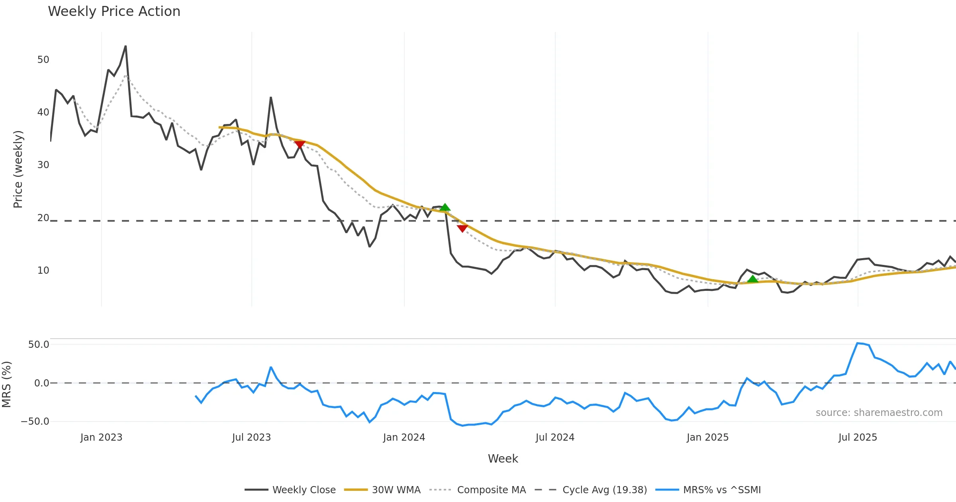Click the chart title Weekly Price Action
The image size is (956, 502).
(x=114, y=12)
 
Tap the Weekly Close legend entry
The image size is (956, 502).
(x=304, y=490)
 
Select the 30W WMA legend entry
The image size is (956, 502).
(x=396, y=490)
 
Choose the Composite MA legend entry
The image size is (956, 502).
(x=491, y=490)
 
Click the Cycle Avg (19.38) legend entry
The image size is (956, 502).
(x=604, y=490)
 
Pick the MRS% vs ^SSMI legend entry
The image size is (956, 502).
(x=722, y=490)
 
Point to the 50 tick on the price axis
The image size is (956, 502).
(x=43, y=60)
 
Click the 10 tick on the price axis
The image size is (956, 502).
(x=43, y=271)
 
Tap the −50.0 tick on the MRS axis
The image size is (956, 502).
(x=35, y=422)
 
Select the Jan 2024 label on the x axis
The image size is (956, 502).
(x=404, y=437)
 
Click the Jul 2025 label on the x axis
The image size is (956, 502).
(x=858, y=437)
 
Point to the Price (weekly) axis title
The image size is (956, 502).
(x=18, y=169)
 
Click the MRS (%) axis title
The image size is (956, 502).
(x=7, y=384)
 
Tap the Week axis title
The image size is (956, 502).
(x=503, y=459)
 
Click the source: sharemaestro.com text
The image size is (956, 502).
(x=879, y=413)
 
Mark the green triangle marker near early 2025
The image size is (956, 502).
(x=752, y=279)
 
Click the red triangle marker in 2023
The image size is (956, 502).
(x=300, y=145)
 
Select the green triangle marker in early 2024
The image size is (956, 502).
(x=445, y=207)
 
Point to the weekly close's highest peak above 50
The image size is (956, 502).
(x=125, y=46)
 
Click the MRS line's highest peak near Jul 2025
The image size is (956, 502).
(x=858, y=343)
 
